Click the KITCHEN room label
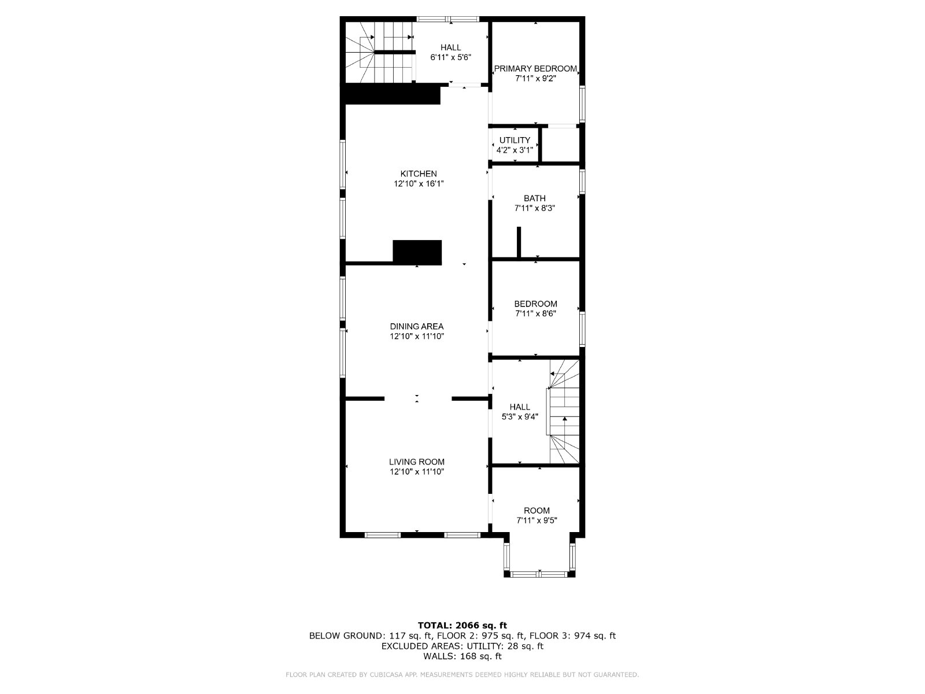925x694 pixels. click(x=419, y=173)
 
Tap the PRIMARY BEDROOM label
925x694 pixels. click(x=535, y=69)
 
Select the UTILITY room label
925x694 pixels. click(x=515, y=141)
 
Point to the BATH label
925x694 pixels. click(x=535, y=198)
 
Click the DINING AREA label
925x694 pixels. click(x=417, y=327)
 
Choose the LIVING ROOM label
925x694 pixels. click(x=417, y=462)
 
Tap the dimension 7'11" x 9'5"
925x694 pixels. click(x=537, y=521)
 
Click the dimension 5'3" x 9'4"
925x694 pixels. click(x=520, y=417)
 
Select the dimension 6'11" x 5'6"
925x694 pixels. click(x=450, y=58)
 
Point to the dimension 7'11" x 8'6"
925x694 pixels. click(x=535, y=314)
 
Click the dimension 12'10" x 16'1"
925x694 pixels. click(x=419, y=184)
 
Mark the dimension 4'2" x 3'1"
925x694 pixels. click(x=515, y=150)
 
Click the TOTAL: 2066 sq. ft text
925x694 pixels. click(x=462, y=625)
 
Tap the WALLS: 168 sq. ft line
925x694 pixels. click(x=462, y=656)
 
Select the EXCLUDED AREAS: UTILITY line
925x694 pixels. click(x=462, y=646)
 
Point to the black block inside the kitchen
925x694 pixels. click(x=417, y=252)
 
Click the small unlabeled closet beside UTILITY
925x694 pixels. click(x=560, y=144)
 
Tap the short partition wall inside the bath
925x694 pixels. click(x=519, y=242)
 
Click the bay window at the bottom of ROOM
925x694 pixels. click(x=539, y=574)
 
